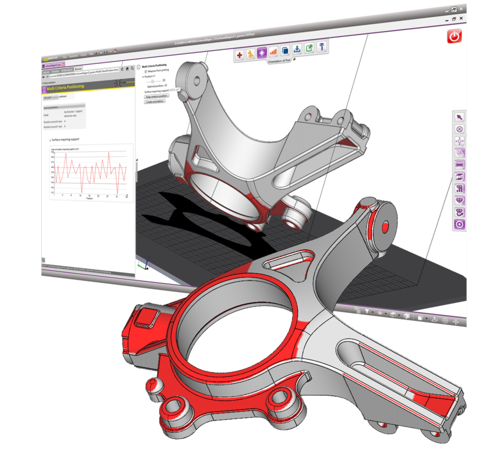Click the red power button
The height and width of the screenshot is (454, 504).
click(x=454, y=36)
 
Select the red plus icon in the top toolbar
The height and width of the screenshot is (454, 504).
click(x=240, y=55)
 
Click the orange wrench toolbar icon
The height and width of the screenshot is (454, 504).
click(x=251, y=54)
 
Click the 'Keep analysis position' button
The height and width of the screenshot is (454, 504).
click(x=156, y=97)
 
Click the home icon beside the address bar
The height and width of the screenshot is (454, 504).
click(x=127, y=69)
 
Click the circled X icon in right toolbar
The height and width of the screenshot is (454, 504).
click(x=459, y=129)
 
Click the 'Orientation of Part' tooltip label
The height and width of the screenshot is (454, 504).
click(x=279, y=61)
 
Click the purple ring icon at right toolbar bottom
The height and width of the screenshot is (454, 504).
click(x=460, y=224)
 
